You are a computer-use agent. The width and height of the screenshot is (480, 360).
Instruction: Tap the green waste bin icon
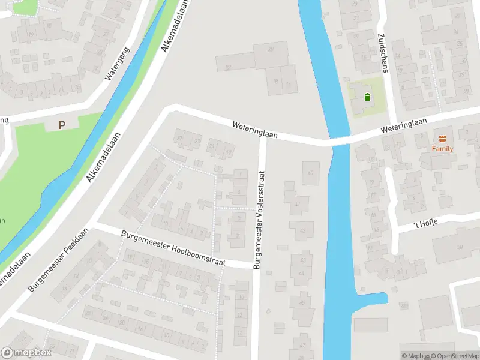pyautogui.click(x=367, y=97)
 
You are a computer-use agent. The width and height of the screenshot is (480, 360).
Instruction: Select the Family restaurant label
pyautogui.click(x=443, y=148)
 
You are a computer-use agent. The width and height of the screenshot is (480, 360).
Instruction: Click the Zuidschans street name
pyautogui.click(x=382, y=52)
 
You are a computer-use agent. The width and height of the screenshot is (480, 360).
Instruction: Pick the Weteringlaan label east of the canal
pyautogui.click(x=403, y=125)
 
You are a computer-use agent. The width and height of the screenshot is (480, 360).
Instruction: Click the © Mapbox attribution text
pyautogui.click(x=416, y=356)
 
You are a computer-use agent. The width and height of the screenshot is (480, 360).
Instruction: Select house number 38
pyautogui.click(x=460, y=247)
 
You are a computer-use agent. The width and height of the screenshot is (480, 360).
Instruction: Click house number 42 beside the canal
pyautogui.click(x=302, y=230)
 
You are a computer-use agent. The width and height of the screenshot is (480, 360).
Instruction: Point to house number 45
pyautogui.click(x=301, y=302)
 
